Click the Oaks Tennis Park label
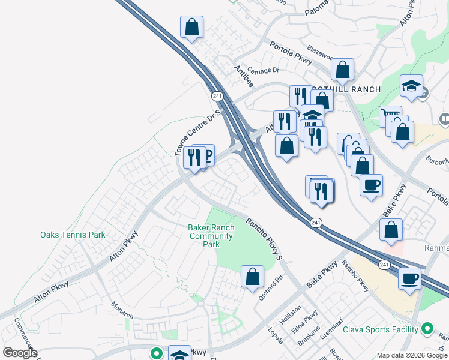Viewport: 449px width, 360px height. [73, 235]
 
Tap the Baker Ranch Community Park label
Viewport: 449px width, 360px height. [210, 236]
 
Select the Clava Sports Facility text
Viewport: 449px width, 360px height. [380, 329]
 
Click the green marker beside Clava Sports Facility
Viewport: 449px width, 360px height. [427, 329]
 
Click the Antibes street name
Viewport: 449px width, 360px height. [244, 76]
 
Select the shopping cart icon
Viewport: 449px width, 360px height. [390, 115]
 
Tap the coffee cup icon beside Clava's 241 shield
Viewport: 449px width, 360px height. [409, 278]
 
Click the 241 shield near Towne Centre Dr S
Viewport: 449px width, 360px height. [217, 95]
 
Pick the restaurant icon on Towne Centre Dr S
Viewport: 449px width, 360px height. [194, 158]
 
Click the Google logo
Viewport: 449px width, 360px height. [20, 353]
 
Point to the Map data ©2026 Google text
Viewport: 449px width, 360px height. [411, 355]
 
